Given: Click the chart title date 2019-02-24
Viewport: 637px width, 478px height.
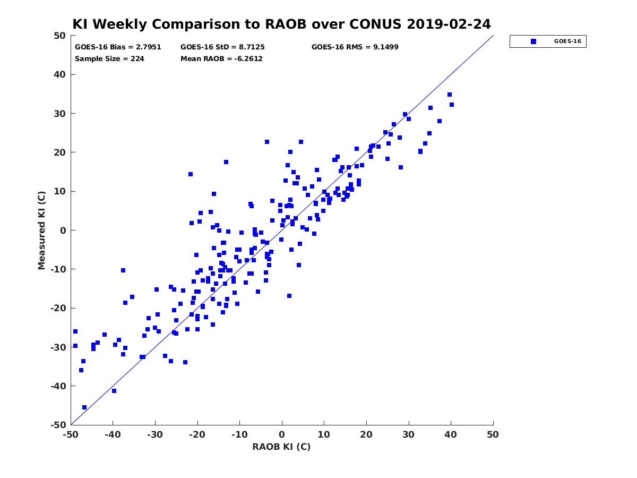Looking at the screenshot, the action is click(449, 24).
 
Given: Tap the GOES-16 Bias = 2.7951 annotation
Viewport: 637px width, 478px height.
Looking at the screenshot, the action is click(118, 47).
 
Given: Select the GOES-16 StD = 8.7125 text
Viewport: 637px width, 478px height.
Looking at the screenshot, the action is click(222, 47).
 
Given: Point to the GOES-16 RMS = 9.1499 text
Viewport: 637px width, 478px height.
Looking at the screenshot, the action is click(355, 47).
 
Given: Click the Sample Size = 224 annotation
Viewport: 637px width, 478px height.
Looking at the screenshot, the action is click(109, 59).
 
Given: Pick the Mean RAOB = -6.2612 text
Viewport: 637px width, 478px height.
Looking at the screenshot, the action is click(221, 59).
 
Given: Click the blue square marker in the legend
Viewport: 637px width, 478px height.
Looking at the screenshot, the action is click(533, 41).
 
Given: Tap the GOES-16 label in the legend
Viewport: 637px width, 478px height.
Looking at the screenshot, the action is click(567, 41).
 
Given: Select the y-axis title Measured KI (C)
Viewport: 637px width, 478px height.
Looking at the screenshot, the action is click(41, 231).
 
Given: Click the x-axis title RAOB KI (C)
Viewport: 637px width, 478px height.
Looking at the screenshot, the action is click(281, 446).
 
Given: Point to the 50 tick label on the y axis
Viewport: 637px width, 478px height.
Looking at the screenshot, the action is click(60, 36).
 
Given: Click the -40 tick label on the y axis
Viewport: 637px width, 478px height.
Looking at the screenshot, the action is click(58, 386).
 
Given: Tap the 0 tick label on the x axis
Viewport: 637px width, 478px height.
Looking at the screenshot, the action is click(282, 434).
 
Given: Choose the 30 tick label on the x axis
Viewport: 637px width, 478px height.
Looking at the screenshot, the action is click(408, 434).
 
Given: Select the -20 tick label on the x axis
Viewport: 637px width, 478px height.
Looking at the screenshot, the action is click(197, 434).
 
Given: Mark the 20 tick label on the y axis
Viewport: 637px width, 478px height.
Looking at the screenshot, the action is click(60, 152).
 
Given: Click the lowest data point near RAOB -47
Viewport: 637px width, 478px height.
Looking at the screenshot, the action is click(84, 407).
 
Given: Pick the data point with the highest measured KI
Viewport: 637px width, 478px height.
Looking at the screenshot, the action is click(449, 95).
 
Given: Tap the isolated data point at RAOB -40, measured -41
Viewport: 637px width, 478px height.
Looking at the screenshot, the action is click(114, 391).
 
